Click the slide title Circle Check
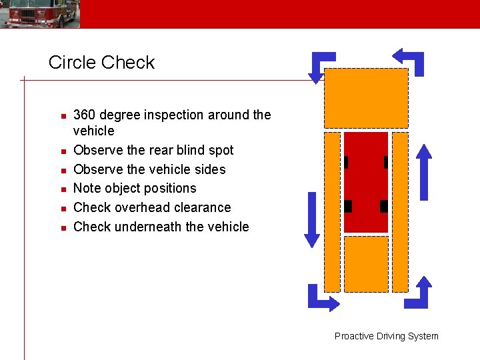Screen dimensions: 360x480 (x=101, y=63)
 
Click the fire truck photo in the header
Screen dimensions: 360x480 (x=40, y=14)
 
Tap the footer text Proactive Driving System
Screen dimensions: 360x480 (x=386, y=336)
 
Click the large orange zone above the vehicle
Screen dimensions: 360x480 (x=365, y=98)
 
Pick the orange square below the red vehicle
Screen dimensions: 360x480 (x=366, y=264)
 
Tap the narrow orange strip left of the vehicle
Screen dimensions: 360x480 (x=332, y=212)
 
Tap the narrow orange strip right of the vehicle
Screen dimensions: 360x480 (x=400, y=212)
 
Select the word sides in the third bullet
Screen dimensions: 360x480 (x=209, y=169)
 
